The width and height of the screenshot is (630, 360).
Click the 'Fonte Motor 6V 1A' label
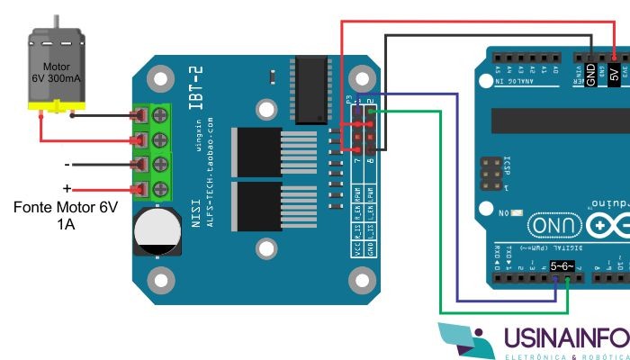[x=65, y=215]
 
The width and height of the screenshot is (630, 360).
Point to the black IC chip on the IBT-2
[x=314, y=89]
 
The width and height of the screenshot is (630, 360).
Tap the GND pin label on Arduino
[x=590, y=74]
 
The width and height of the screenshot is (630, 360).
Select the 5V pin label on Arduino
[x=614, y=74]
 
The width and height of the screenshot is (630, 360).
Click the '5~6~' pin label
[x=562, y=266]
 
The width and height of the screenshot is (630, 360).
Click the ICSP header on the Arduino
[x=491, y=174]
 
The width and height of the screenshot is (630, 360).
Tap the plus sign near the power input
[x=65, y=188]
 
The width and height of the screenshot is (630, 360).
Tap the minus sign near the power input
[x=66, y=165]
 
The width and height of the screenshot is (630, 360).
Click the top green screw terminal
[x=161, y=115]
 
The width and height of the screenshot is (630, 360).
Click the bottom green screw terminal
[x=161, y=188]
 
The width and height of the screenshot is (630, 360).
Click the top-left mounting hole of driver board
[x=161, y=81]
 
